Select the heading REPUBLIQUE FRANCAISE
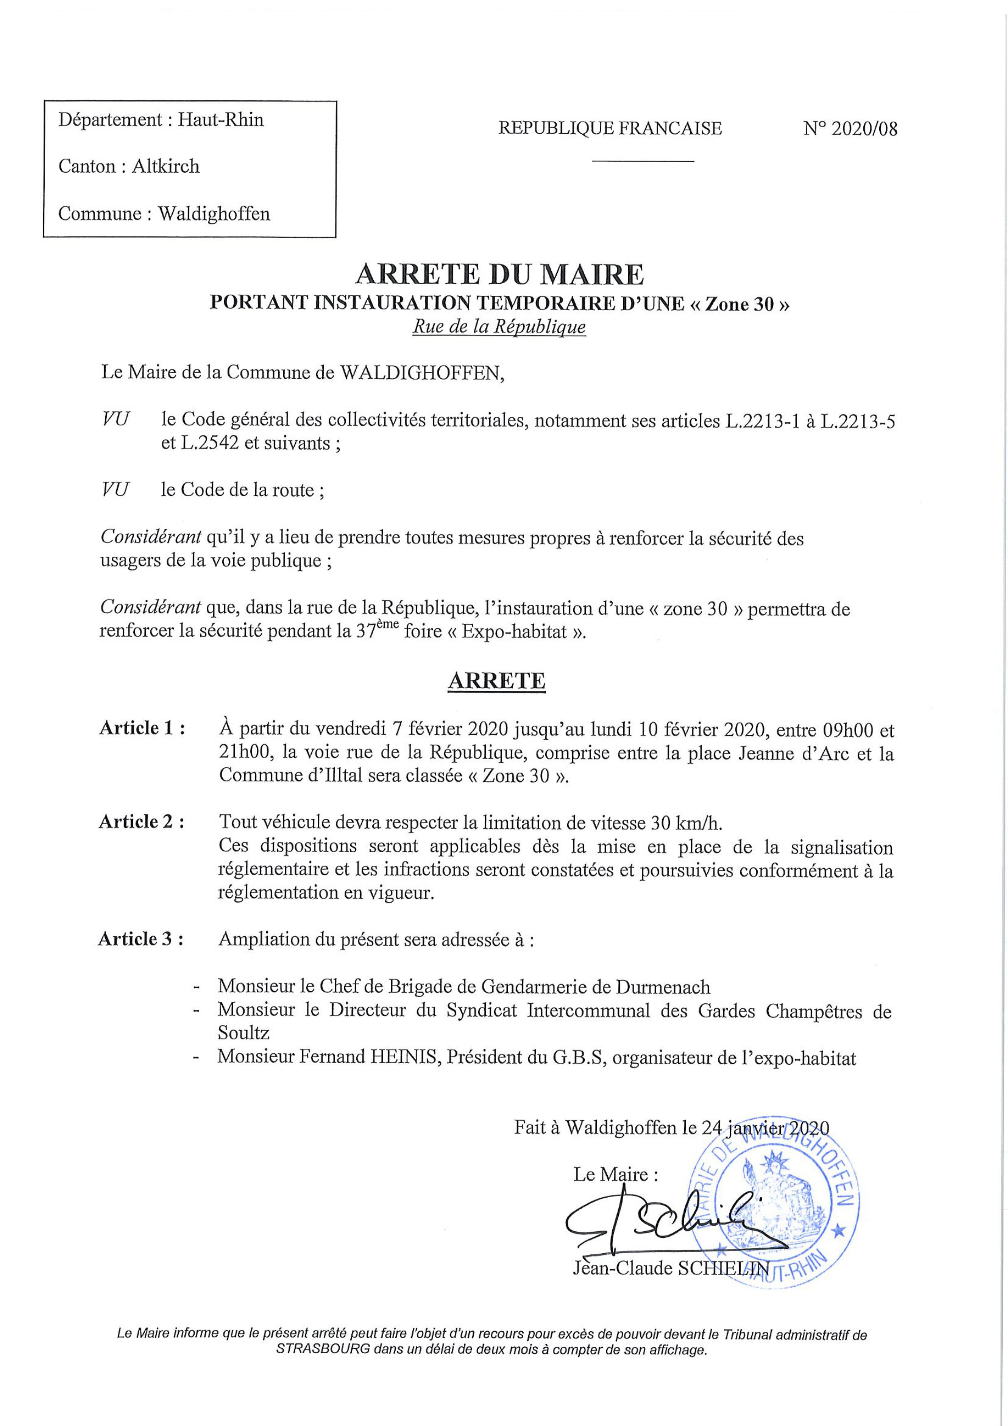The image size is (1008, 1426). (x=610, y=128)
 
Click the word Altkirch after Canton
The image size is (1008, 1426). (x=165, y=167)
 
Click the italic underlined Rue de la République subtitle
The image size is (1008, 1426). (x=499, y=327)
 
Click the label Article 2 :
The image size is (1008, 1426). (x=142, y=822)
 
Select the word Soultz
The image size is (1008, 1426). (x=243, y=1033)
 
